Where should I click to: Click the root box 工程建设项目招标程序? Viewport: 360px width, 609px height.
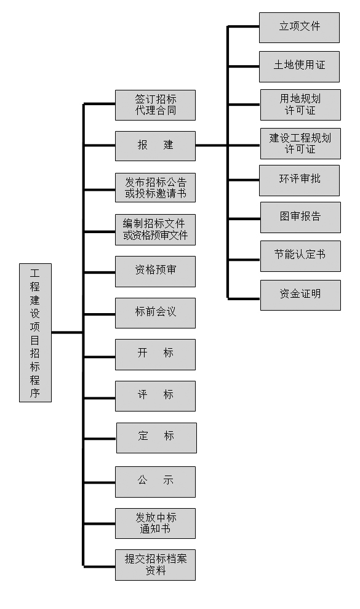35,332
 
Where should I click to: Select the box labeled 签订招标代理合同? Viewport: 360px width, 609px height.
155,105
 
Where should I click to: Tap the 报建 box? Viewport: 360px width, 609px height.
155,146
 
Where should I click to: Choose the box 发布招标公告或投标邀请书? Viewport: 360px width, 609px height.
155,188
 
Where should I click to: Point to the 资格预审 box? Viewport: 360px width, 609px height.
155,271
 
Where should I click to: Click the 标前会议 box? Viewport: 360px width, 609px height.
155,313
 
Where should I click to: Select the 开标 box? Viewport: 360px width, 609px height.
155,354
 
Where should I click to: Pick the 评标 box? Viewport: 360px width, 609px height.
155,396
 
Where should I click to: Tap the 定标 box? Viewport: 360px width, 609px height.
156,438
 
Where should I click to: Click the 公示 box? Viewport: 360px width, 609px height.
155,482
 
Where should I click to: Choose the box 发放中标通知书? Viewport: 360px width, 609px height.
155,523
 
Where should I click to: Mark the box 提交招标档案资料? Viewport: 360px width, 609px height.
155,565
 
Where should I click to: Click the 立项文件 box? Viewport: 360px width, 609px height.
300,28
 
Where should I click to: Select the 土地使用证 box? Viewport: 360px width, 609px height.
300,67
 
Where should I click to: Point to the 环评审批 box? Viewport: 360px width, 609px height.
300,181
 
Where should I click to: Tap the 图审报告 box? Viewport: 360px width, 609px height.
300,218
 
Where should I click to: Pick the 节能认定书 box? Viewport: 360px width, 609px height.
300,257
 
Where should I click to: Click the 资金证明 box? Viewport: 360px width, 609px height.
300,295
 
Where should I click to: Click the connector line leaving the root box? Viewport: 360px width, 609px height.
67,332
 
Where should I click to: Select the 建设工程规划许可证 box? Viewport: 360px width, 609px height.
300,144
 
